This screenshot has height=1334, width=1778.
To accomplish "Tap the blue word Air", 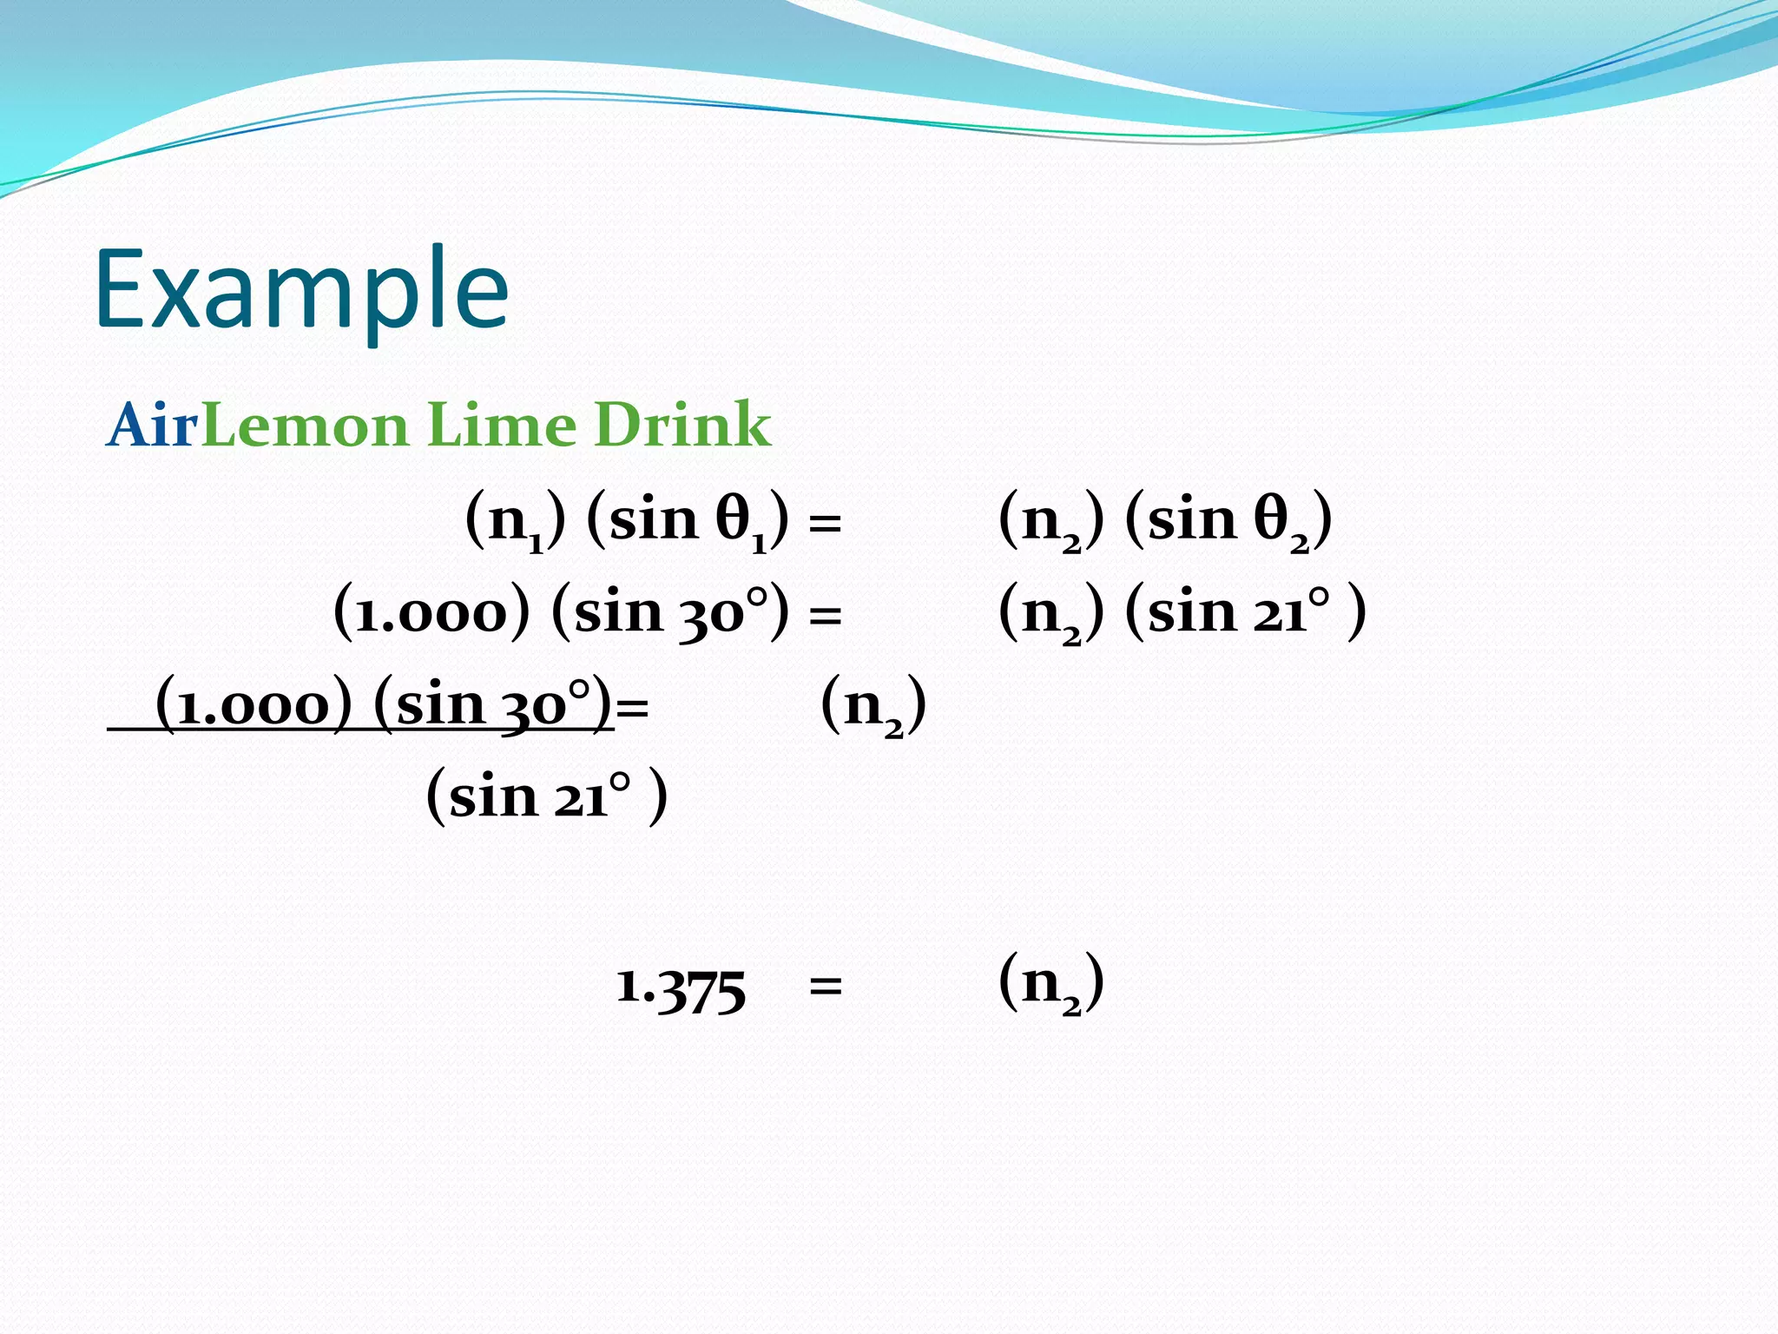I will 153,426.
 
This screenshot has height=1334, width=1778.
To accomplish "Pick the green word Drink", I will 682,426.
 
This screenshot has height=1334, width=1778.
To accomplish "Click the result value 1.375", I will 681,988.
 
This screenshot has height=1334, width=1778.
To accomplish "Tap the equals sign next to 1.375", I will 825,987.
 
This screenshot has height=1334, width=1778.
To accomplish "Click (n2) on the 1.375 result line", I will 1050,983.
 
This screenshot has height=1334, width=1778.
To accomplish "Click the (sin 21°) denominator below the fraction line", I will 547,796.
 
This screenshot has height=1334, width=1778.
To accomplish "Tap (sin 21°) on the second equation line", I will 1245,612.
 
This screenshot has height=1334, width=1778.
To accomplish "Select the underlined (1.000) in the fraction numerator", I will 254,704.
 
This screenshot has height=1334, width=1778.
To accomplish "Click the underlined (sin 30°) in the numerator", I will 493,704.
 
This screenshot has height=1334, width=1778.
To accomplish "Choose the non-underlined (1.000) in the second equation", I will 431,612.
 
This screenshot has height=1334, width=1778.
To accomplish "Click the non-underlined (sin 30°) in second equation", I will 670,612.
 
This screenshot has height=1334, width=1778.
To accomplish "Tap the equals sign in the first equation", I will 825,524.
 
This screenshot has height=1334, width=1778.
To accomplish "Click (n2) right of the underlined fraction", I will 873,704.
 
